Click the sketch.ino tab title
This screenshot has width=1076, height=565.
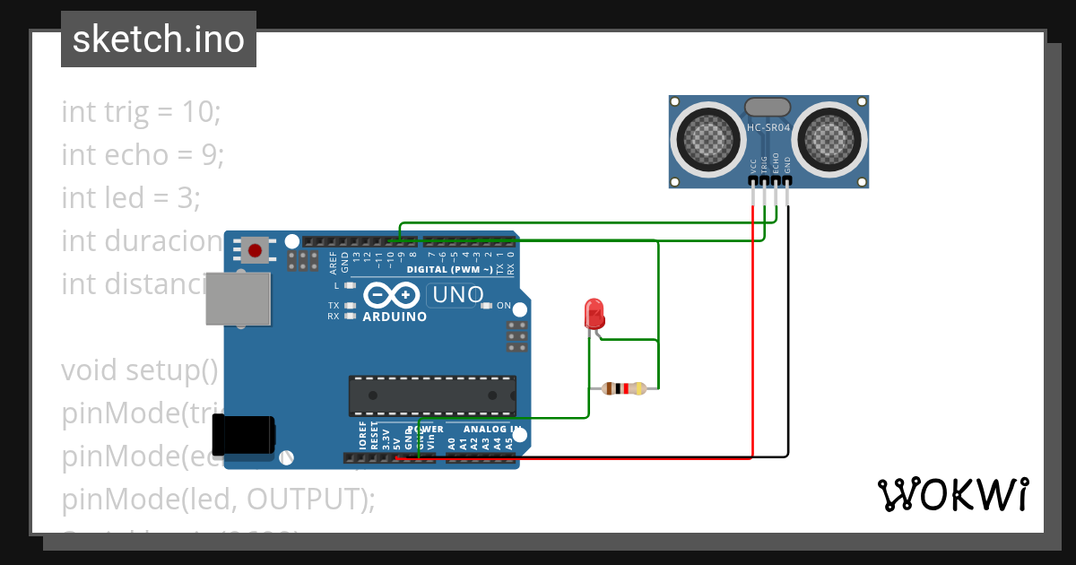159,39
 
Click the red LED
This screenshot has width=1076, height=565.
594,314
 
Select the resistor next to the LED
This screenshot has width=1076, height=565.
624,388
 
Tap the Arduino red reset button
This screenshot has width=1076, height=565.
256,250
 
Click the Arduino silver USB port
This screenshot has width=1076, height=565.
238,299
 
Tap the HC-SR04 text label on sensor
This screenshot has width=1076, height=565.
769,128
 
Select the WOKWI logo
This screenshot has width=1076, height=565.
952,494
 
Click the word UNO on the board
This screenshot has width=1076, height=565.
457,294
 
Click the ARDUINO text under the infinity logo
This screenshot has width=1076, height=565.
395,317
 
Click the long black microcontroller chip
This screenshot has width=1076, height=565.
432,395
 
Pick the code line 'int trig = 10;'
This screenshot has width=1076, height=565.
141,112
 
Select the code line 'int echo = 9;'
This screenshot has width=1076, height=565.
143,154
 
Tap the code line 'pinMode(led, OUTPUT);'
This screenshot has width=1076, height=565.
218,499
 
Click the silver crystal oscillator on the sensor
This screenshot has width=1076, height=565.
768,107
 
